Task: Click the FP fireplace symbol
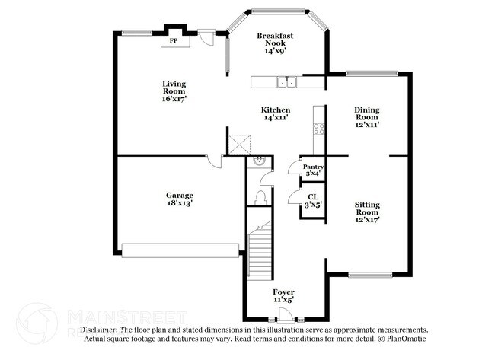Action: tap(174, 40)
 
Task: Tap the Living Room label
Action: tap(174, 91)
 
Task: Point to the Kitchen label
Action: tap(275, 113)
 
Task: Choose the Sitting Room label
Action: tap(367, 210)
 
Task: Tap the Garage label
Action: tap(180, 199)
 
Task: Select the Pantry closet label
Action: tap(313, 170)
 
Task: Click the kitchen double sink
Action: tap(286, 82)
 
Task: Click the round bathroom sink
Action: tap(259, 161)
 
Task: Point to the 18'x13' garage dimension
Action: tap(180, 204)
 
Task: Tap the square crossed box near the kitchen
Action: tap(241, 144)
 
